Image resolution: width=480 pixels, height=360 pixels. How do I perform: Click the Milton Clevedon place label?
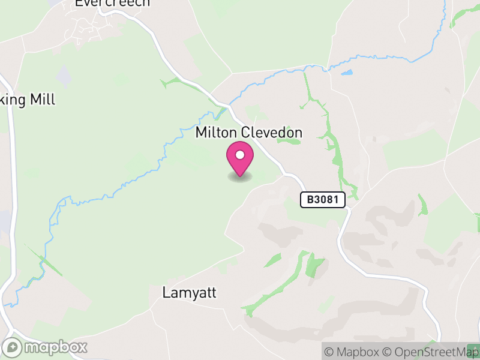(x=248, y=133)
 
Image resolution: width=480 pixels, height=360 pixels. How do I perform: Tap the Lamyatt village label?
(x=189, y=293)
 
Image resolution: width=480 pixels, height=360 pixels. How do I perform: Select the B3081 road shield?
(x=323, y=200)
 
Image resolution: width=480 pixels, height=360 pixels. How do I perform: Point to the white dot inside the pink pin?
(x=240, y=155)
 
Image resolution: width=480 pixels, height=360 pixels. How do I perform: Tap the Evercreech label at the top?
(x=112, y=3)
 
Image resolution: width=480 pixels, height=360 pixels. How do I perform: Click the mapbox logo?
(x=45, y=347)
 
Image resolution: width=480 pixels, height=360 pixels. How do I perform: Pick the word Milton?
(x=217, y=133)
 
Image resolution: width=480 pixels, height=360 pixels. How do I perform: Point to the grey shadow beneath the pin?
(x=240, y=177)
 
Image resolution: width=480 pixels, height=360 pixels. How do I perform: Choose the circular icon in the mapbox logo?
(x=12, y=347)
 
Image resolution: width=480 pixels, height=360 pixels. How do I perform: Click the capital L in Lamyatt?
(x=166, y=293)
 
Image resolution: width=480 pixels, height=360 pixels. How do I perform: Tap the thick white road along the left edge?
(x=11, y=180)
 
